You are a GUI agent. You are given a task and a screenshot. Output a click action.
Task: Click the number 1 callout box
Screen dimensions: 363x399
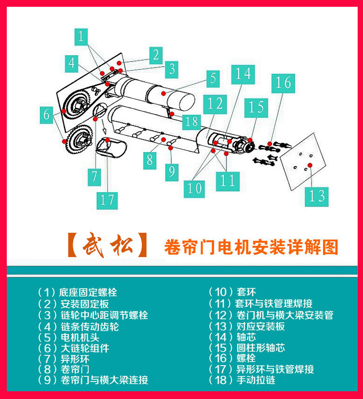(81, 37)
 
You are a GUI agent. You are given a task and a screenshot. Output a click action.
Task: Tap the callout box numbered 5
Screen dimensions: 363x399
(213, 78)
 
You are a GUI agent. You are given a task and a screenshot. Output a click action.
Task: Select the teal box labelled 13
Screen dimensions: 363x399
(317, 197)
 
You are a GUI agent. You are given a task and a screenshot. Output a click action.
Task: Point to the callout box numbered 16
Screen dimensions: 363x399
(283, 84)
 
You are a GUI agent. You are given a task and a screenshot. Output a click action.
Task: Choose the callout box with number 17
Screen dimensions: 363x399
(107, 200)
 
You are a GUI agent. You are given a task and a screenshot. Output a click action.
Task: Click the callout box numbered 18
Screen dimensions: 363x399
(191, 121)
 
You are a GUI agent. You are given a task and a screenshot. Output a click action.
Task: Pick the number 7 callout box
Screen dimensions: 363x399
(94, 177)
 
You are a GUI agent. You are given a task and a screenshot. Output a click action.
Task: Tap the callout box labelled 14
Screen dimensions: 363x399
(243, 74)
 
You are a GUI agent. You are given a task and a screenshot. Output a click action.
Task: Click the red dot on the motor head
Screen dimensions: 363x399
(164, 94)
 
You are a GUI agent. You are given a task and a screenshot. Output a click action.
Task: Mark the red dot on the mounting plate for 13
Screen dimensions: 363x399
(310, 165)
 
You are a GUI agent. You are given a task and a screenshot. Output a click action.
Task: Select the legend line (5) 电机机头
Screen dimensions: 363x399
(68, 338)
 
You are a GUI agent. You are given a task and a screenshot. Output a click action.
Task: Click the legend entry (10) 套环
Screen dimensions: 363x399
(232, 292)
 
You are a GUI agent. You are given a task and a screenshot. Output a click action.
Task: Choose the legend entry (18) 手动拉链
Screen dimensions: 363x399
(242, 380)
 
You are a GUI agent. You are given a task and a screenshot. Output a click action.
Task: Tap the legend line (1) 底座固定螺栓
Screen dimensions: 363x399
(77, 293)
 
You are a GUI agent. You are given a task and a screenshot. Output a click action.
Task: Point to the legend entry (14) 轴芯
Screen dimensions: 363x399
(232, 337)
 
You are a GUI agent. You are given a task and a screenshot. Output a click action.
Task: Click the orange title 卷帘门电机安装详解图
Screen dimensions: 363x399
(251, 247)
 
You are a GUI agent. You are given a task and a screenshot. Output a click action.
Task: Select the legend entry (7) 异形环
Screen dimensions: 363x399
(63, 359)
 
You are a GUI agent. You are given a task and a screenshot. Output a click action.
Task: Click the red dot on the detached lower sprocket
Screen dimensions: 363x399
(65, 141)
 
